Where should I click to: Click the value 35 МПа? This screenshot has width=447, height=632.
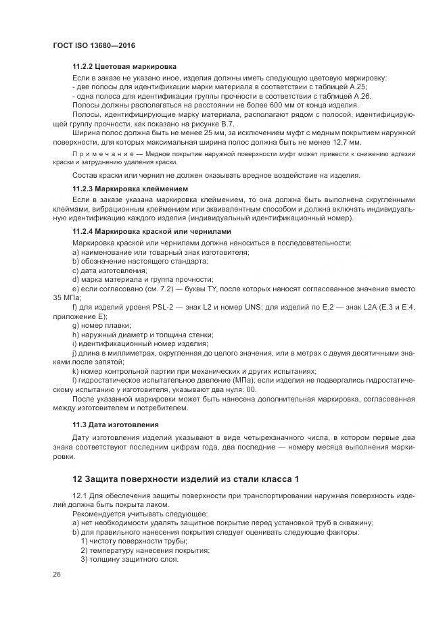(66, 298)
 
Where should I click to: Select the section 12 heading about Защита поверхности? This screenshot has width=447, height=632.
(186, 479)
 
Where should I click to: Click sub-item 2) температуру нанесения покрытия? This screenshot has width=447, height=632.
(145, 550)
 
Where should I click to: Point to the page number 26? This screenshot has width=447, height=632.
(56, 574)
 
